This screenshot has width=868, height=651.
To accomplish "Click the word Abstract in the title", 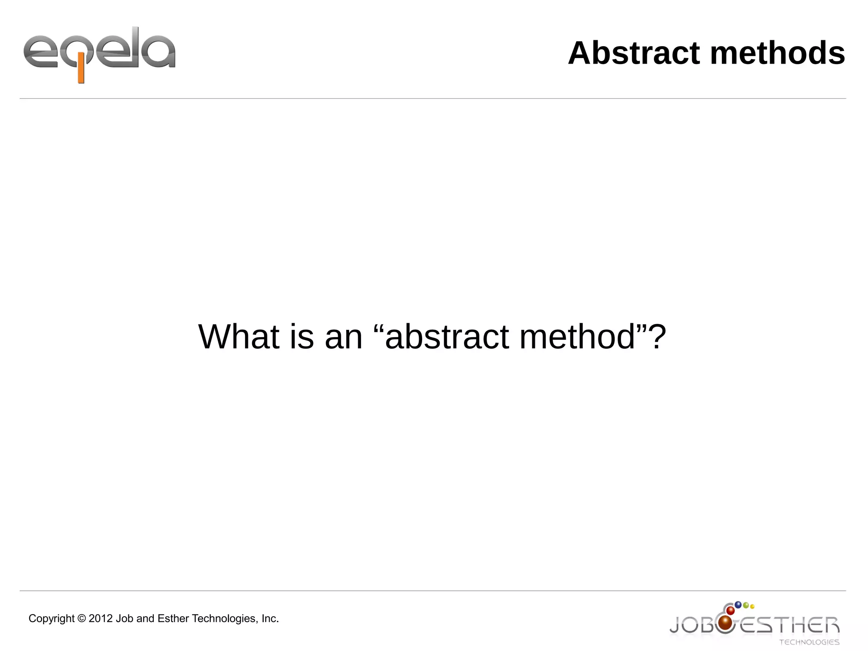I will pos(634,53).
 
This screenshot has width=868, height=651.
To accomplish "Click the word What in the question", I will pos(239,337).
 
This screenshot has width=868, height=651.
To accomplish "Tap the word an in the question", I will pos(344,337).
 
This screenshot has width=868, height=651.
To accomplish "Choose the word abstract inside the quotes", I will pos(447,337).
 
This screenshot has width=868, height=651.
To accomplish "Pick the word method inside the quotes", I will pos(577,337).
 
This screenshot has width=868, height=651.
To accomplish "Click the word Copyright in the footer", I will pos(51,619).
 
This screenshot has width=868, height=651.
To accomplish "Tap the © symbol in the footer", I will pos(81,619).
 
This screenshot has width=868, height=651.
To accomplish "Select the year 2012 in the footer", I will pos(100,619).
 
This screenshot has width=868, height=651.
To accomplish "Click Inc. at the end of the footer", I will pos(270,619).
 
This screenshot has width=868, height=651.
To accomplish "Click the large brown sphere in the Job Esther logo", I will pos(726,622).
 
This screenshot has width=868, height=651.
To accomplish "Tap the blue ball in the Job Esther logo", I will pos(738,604).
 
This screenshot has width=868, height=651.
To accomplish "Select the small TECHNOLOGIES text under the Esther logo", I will pos(809,642).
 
